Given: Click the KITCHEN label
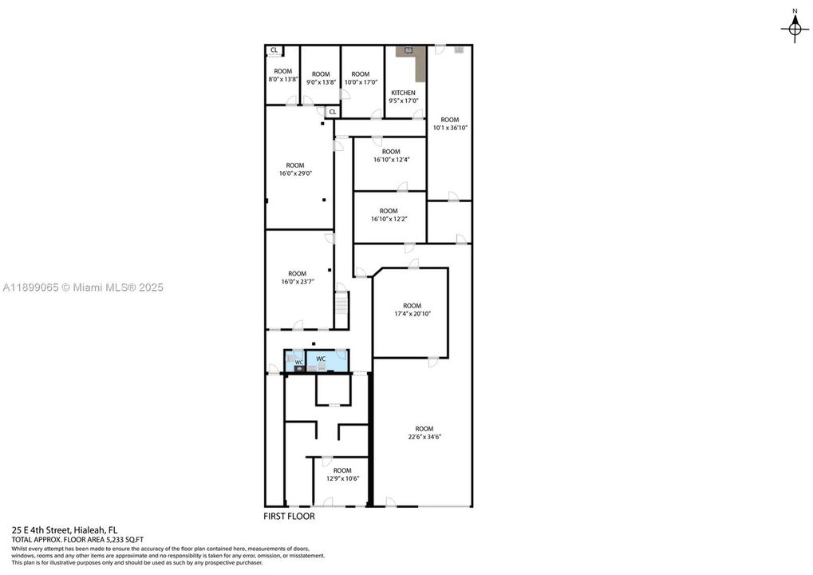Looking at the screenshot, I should [403, 93].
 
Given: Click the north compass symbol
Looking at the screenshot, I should [794, 30].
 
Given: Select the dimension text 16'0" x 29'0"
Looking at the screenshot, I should [295, 173].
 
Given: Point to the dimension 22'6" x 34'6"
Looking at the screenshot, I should [424, 436].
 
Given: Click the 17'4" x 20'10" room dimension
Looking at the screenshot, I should [412, 314].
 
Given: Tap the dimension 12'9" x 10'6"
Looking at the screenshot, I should [342, 478].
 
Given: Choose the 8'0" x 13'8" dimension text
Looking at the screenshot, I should [282, 79].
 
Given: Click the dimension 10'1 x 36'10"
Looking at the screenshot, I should [450, 128].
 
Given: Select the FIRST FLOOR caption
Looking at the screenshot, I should [289, 517].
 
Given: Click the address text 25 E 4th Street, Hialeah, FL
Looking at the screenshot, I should [65, 529].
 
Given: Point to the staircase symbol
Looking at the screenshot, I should [341, 304].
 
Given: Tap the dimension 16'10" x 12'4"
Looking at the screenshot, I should [390, 160].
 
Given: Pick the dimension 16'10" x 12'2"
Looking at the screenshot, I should [389, 219].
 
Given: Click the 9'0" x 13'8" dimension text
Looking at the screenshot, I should [321, 82].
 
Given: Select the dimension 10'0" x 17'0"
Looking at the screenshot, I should [361, 82].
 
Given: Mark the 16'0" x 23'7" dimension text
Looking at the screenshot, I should [297, 281].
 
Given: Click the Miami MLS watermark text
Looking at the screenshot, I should [83, 287].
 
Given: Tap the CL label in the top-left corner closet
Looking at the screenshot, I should [274, 50].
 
